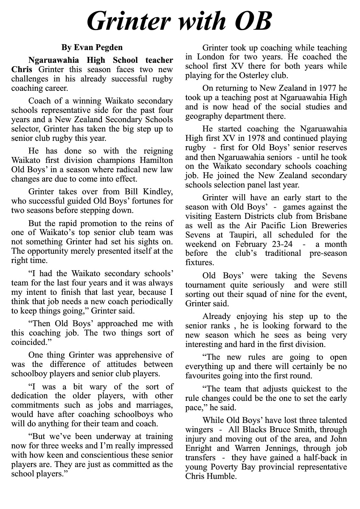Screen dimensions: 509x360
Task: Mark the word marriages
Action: coord(153,405)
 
